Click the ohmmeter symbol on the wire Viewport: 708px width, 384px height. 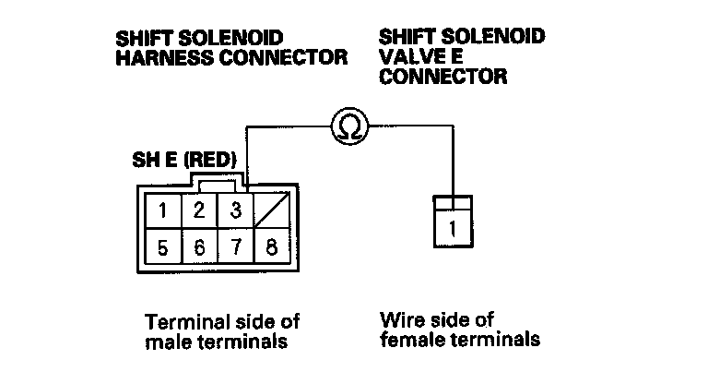[x=349, y=125]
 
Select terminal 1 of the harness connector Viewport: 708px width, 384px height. [x=163, y=210]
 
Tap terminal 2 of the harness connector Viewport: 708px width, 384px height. [x=198, y=210]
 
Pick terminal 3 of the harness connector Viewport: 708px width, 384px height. [x=235, y=210]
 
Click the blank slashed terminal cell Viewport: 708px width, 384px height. [x=272, y=210]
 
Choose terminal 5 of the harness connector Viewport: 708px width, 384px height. [x=163, y=247]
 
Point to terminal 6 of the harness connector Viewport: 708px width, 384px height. [x=198, y=247]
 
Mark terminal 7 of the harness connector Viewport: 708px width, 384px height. [x=235, y=247]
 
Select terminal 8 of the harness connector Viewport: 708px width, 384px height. [x=272, y=247]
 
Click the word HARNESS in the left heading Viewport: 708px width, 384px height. [x=157, y=57]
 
